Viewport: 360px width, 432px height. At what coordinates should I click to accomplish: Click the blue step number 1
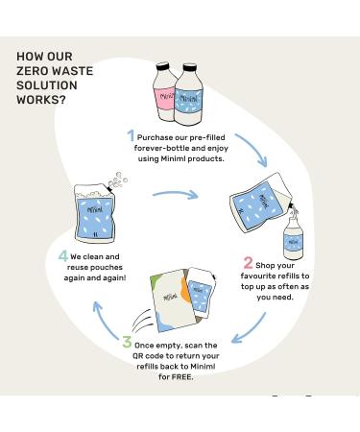coord(131,135)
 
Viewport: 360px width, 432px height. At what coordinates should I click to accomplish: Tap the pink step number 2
coord(248,263)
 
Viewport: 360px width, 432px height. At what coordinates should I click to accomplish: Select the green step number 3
coord(127,342)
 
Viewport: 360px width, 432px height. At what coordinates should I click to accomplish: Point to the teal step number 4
coord(63,256)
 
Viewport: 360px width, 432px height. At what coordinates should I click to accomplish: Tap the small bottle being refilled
coord(293,236)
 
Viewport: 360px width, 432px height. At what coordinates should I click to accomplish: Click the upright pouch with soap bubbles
coord(94,214)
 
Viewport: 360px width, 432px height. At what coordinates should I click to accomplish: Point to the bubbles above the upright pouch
coord(118,180)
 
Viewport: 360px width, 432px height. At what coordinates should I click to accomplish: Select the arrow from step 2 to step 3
coord(251,330)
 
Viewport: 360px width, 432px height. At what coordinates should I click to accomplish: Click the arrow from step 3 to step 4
coord(104,320)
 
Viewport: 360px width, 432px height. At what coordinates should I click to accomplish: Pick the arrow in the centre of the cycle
coord(176,193)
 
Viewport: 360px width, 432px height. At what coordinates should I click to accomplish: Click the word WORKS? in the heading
coord(41,100)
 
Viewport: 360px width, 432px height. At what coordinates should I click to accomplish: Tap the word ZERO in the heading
coord(32,71)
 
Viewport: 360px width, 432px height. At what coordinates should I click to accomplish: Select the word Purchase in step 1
coord(155,137)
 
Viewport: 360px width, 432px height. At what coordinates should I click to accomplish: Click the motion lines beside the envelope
coord(141,320)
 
